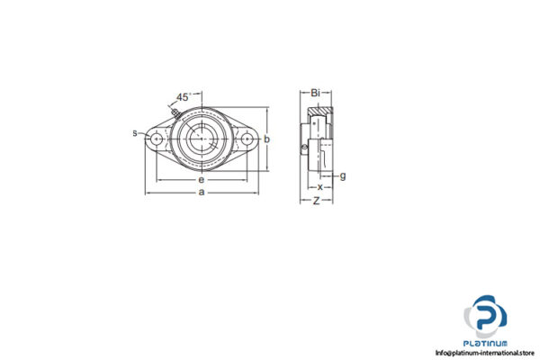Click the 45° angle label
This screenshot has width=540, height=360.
[184, 96]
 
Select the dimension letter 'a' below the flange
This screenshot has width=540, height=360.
[202, 193]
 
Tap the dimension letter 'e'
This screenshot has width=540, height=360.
[201, 180]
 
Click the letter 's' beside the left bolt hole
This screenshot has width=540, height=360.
[136, 134]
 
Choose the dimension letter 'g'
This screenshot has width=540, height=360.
[343, 175]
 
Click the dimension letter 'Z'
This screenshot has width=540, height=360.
[316, 200]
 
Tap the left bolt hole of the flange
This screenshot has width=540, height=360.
[157, 139]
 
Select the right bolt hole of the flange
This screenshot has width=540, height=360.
[247, 139]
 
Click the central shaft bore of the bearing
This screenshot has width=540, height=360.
[202, 139]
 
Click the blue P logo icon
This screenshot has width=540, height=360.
[486, 316]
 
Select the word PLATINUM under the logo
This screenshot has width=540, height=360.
[486, 343]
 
